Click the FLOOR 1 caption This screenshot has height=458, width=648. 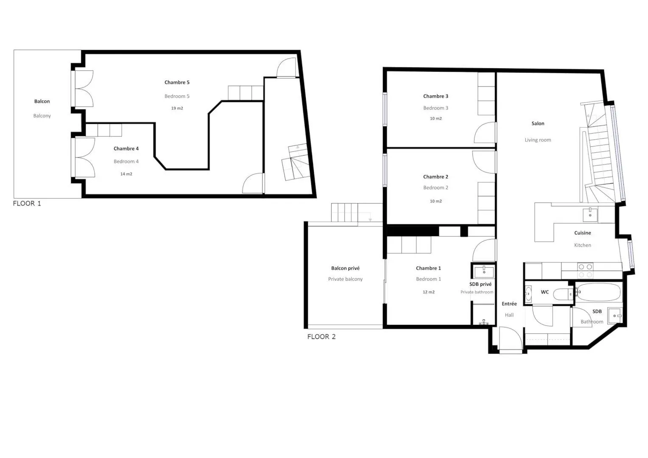click(27, 204)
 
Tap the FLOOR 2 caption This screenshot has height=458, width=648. click(321, 336)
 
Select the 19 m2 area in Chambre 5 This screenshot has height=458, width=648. click(177, 108)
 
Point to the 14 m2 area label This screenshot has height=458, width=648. click(126, 174)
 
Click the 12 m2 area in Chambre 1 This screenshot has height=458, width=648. click(428, 292)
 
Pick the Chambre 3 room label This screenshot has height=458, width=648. click(436, 96)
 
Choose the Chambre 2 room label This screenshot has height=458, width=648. click(436, 176)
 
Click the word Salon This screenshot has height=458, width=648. click(538, 123)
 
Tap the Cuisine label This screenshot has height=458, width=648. click(582, 233)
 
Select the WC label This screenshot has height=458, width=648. click(545, 292)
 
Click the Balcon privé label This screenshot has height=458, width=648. click(345, 268)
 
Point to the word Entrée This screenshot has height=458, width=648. click(509, 304)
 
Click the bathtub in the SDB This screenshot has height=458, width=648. click(598, 292)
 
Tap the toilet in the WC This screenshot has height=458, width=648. click(563, 294)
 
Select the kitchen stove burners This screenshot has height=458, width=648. click(585, 271)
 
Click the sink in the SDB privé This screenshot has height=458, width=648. click(484, 272)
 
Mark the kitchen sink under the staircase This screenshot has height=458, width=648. click(590, 215)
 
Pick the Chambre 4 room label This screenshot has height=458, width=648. click(126, 148)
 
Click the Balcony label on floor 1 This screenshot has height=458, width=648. click(42, 116)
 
